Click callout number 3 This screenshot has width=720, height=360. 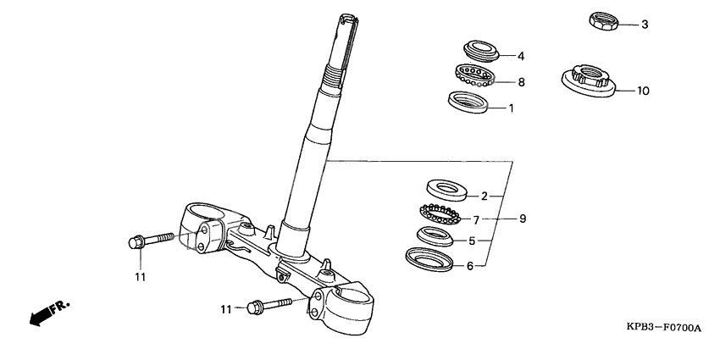click(x=644, y=25)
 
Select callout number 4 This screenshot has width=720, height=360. click(x=522, y=57)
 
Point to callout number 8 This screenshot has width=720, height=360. click(x=522, y=82)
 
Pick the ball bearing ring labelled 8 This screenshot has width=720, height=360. click(x=474, y=75)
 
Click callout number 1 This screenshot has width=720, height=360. click(x=511, y=108)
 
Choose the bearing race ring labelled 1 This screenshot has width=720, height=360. click(x=468, y=102)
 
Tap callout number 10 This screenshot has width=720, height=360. click(x=643, y=91)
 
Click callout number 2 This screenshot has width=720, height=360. click(x=485, y=196)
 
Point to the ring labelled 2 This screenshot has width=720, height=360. click(x=443, y=187)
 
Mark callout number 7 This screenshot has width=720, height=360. click(x=476, y=219)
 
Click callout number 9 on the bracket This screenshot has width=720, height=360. click(x=523, y=219)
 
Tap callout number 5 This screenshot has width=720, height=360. click(x=472, y=241)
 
